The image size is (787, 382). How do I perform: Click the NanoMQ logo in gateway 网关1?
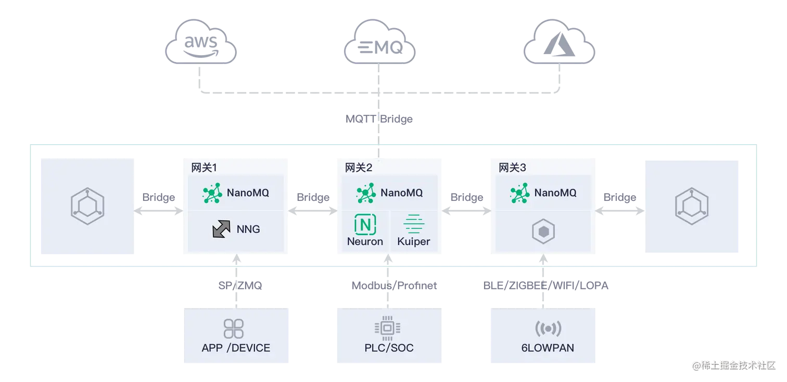[x=212, y=193]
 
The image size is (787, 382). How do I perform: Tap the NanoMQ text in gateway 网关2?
[x=401, y=193]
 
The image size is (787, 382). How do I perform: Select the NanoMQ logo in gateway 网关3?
[x=519, y=193]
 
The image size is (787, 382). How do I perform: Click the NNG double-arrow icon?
[x=222, y=229]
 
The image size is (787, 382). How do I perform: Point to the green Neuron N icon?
[x=365, y=224]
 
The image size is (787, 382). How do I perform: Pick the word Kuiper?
[x=414, y=242]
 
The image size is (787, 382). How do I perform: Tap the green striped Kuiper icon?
[x=414, y=224]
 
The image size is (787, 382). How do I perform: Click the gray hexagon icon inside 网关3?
[x=543, y=232]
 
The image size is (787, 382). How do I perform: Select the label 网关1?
[x=204, y=168]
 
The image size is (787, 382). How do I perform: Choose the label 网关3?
[x=513, y=168]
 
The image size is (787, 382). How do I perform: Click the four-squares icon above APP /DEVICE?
[x=234, y=329]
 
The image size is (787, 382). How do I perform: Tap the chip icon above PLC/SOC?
[x=387, y=328]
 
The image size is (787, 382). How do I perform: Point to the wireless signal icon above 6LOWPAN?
[x=548, y=329]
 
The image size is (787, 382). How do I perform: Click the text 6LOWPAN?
[x=548, y=348]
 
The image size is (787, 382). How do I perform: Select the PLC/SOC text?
[x=389, y=348]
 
